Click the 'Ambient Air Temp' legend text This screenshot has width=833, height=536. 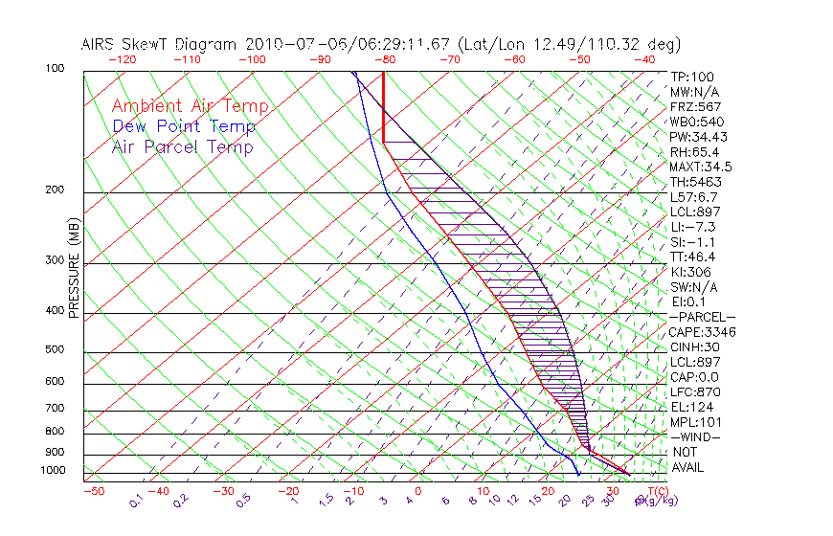(x=191, y=106)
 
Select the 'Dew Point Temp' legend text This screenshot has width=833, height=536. (x=184, y=126)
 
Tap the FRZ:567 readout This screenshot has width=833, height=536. (x=695, y=106)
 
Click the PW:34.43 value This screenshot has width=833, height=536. (x=698, y=137)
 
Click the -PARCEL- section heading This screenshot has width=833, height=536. (x=702, y=317)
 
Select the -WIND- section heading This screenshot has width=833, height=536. (x=695, y=437)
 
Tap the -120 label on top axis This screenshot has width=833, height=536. (x=121, y=58)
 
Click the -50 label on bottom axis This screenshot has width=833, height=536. (x=93, y=491)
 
